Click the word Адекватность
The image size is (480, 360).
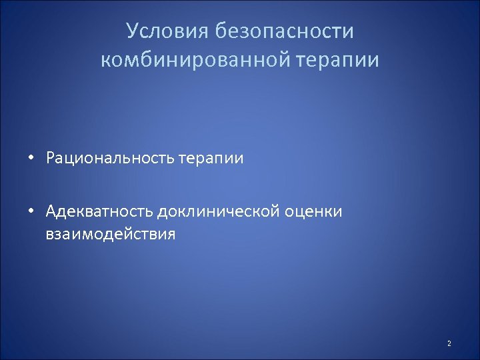tap(99, 211)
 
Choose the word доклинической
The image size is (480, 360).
tap(221, 212)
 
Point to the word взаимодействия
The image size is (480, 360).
tap(111, 234)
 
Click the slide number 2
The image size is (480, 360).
tap(449, 343)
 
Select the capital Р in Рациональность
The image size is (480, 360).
tap(51, 158)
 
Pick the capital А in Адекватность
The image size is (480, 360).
tap(52, 211)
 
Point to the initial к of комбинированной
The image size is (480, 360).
tap(105, 61)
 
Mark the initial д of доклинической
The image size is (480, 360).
tap(162, 213)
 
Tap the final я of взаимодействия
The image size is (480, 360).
tap(171, 235)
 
